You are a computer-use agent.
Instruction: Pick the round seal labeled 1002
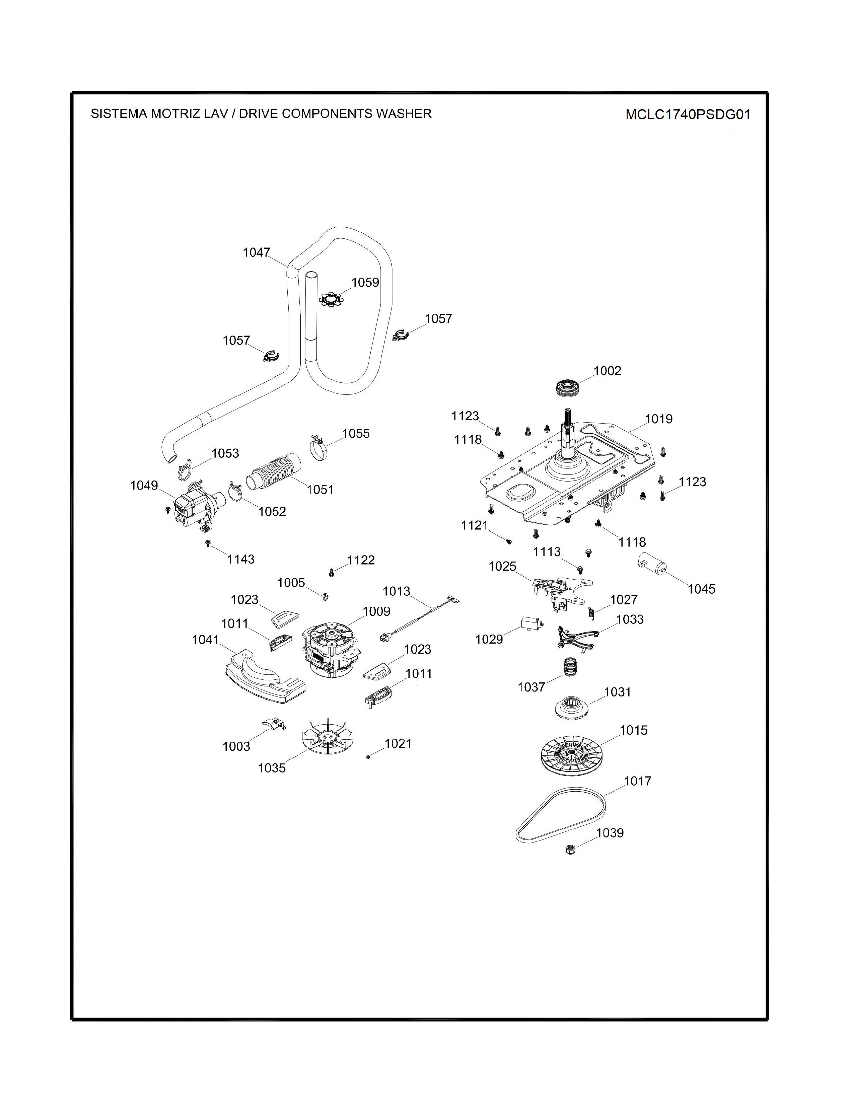click(568, 388)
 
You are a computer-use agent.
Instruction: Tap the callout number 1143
click(240, 559)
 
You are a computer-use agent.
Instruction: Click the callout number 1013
click(396, 591)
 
